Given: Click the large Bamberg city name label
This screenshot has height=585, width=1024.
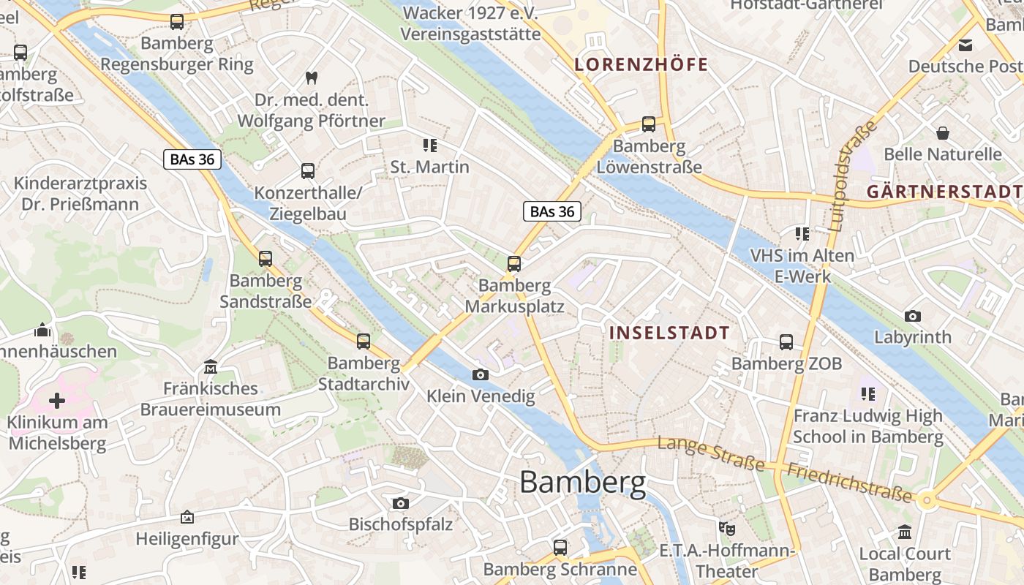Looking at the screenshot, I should [583, 483].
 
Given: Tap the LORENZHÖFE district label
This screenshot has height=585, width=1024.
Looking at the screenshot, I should [641, 64].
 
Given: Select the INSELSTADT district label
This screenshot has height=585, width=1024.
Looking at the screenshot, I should [669, 333].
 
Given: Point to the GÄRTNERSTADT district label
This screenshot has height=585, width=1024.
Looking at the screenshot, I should [944, 192].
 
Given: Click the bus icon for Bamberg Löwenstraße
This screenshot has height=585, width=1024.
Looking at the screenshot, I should [649, 124].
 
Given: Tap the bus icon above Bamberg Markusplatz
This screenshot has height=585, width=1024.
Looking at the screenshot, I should [514, 264].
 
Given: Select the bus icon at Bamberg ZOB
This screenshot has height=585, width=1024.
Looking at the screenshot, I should [786, 342].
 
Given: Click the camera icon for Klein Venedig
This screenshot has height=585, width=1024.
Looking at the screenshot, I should [481, 375].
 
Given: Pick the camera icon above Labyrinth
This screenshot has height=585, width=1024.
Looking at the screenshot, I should [912, 317].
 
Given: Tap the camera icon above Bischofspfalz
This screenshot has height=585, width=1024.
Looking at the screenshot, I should [400, 503].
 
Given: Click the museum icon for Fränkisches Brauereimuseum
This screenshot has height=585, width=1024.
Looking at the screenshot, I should [211, 366].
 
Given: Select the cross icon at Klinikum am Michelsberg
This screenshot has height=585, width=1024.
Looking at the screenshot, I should [57, 401].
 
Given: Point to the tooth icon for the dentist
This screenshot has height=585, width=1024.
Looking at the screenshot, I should [311, 78].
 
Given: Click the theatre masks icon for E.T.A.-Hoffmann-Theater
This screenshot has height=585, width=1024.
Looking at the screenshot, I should [726, 528].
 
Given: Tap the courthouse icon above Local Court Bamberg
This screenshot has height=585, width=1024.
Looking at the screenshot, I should [905, 532].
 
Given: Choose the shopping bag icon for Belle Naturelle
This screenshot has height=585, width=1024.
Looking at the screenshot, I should [943, 133].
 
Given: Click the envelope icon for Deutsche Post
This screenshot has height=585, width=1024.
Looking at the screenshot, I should [966, 45].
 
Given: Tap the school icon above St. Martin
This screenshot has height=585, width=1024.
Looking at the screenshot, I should [429, 146].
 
